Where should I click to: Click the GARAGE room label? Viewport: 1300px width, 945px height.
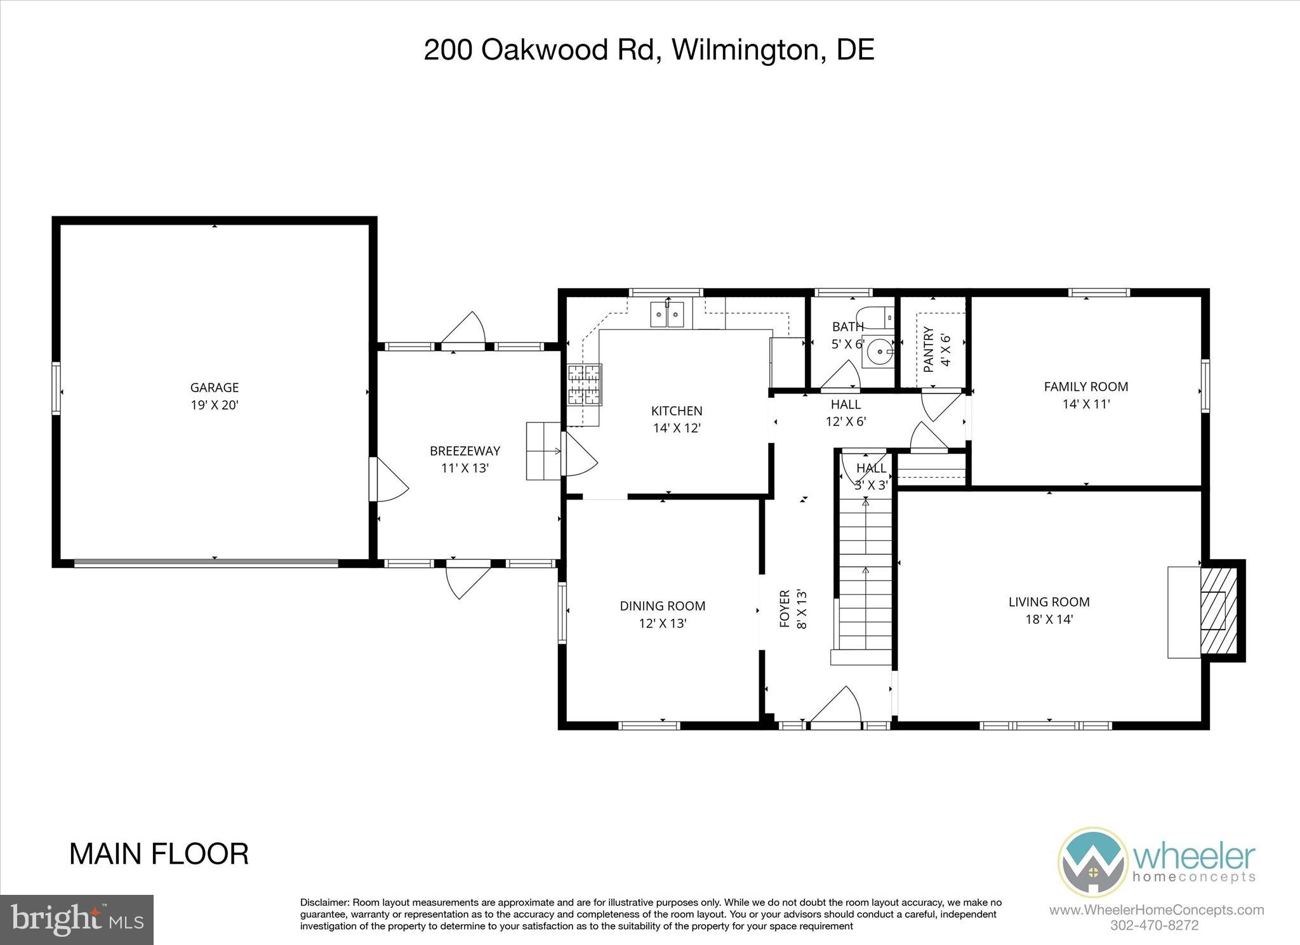pyautogui.click(x=215, y=387)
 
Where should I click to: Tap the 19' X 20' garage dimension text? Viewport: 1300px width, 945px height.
pyautogui.click(x=215, y=405)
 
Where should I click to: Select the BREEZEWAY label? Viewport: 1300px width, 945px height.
pyautogui.click(x=465, y=451)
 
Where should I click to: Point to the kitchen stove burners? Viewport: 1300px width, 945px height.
pyautogui.click(x=585, y=385)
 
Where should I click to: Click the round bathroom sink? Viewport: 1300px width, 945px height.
pyautogui.click(x=880, y=350)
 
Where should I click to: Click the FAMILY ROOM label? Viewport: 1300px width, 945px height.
pyautogui.click(x=1086, y=387)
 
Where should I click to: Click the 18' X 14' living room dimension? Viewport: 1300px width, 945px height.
pyautogui.click(x=1049, y=619)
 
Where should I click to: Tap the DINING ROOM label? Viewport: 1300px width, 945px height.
pyautogui.click(x=663, y=606)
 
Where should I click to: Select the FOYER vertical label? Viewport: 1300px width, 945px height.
pyautogui.click(x=785, y=609)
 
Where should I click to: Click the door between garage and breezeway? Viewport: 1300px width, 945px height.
pyautogui.click(x=388, y=480)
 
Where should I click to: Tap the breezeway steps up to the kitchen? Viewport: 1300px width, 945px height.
pyautogui.click(x=543, y=451)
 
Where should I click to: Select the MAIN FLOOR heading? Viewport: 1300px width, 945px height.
pyautogui.click(x=159, y=854)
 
